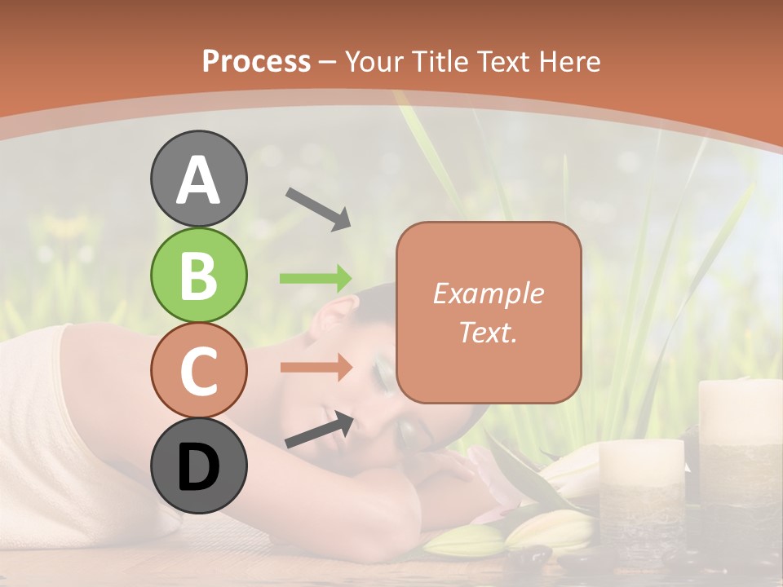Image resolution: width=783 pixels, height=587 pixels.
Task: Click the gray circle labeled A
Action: coord(198,179)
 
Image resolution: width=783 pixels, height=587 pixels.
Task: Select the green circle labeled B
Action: coord(198,276)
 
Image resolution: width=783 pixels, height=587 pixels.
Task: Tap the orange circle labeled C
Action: coord(198,371)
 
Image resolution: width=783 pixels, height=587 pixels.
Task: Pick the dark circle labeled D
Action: coord(198,466)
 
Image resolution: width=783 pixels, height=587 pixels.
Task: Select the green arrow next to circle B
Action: coord(316,278)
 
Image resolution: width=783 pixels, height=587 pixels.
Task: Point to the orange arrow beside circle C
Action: coord(316,367)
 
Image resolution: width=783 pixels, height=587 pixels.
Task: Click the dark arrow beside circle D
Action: coord(319,430)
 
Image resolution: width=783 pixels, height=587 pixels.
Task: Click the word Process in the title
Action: coord(256,61)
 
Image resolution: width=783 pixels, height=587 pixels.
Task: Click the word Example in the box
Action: coord(488,293)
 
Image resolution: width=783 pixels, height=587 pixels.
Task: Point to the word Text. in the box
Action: coord(488,332)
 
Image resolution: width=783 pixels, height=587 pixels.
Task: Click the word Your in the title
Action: coord(374,61)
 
